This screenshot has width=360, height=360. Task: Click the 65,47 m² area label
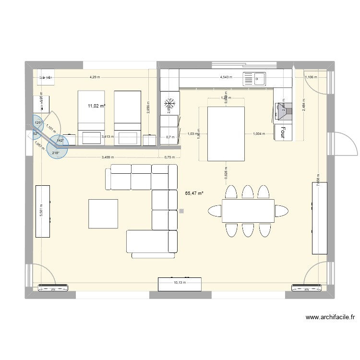pos(194,193)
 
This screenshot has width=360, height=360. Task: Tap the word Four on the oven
pos(283,132)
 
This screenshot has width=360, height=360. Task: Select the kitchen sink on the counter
pos(255,78)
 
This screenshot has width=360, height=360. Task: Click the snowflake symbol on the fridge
pos(169,103)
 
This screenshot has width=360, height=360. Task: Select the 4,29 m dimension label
pos(95,77)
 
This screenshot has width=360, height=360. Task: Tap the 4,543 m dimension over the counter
pos(226,77)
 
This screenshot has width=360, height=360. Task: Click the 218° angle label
pos(55,153)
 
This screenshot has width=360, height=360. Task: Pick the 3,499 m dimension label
pos(108,157)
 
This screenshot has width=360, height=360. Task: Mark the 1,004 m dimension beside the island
pos(260,134)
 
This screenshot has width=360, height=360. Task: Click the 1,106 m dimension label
pos(310,77)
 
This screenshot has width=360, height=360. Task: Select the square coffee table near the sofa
pos(103,214)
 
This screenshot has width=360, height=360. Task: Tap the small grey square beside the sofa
pos(180,210)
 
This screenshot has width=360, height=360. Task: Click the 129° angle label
pos(38,123)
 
